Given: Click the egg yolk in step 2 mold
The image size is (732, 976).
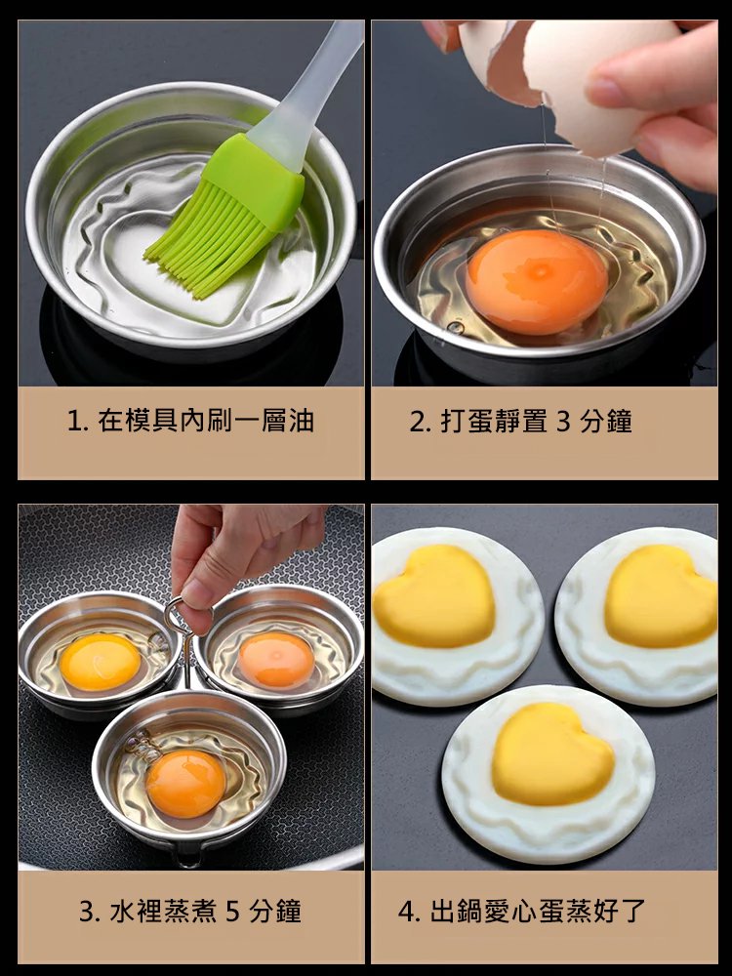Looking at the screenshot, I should coord(537,282).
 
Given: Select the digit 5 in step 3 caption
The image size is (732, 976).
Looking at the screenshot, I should coord(232,913).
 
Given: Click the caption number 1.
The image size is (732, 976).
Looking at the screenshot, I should coord(74,422).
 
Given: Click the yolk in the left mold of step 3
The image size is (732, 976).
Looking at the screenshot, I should coord(100,662).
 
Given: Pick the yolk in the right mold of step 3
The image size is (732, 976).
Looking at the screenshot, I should coord(276,659).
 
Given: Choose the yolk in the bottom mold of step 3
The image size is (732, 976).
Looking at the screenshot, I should coord(185,783).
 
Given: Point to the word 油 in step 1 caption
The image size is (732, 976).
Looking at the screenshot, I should coord(302,422).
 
